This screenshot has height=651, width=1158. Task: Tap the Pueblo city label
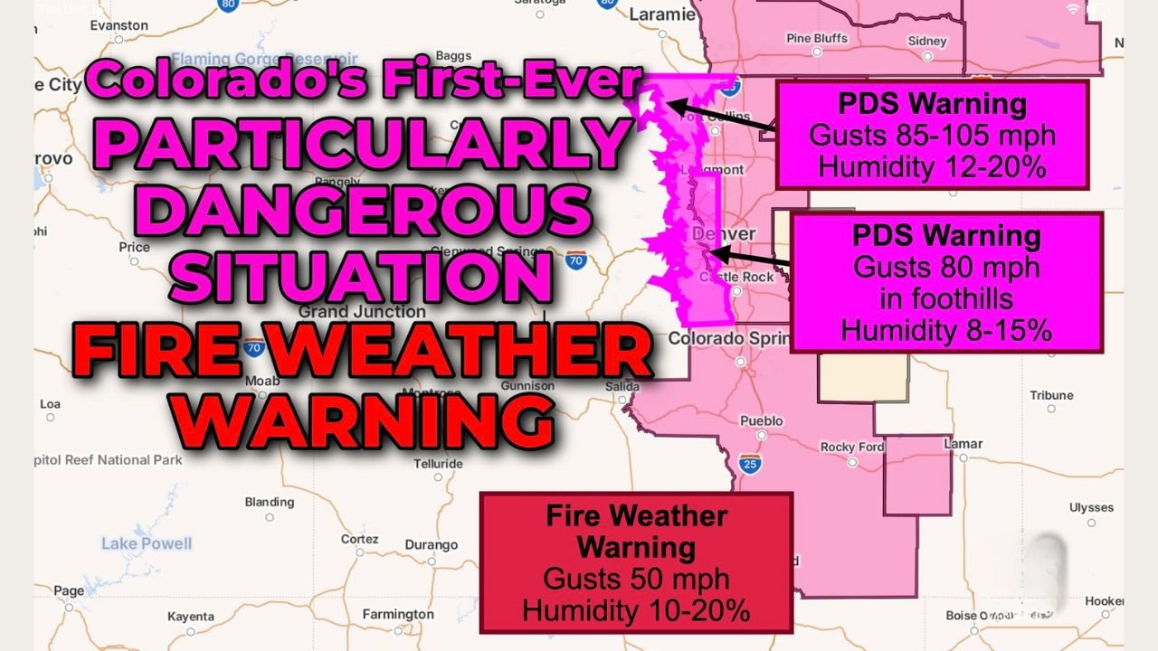[761, 421]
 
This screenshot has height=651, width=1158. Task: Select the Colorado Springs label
[724, 338]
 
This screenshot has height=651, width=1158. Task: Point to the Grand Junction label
[349, 312]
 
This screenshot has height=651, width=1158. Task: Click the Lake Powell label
[147, 543]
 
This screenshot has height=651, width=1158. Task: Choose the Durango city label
[432, 545]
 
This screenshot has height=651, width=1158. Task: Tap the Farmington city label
[398, 615]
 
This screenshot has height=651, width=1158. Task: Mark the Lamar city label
[963, 444]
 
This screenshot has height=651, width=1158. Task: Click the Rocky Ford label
[851, 448]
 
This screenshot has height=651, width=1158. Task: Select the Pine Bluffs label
[817, 39]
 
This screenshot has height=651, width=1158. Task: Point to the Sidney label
[927, 42]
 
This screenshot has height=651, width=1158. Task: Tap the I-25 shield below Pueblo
[750, 463]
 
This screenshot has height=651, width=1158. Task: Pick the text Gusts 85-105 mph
[932, 136]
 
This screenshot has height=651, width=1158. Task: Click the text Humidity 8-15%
[946, 331]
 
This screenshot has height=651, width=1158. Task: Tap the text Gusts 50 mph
[636, 579]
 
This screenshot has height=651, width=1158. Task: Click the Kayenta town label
[191, 618]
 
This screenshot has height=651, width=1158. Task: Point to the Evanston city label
[119, 26]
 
